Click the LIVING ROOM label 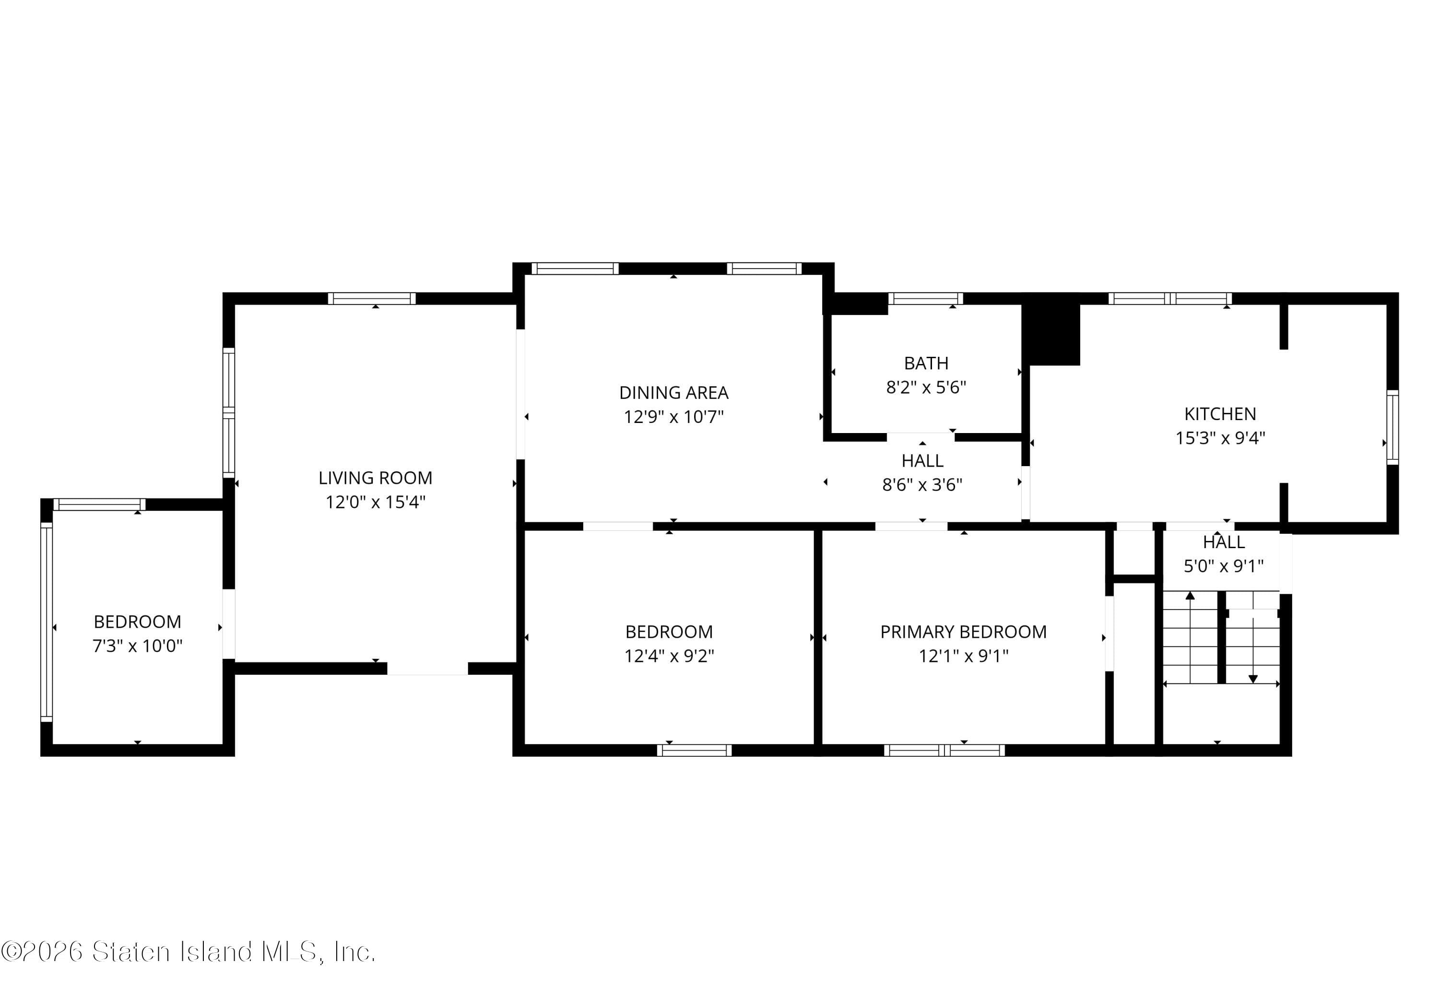[x=375, y=478]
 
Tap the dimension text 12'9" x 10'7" [x=673, y=417]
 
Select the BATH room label [x=925, y=363]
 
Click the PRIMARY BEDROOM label [x=963, y=632]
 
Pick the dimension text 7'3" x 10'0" [x=138, y=646]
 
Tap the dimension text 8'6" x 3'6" [x=921, y=485]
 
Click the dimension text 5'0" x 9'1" [x=1223, y=566]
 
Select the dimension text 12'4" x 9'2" [x=669, y=656]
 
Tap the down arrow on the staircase [x=1252, y=679]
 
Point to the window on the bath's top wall [x=925, y=299]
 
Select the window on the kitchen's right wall [x=1392, y=427]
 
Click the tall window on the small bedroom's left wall [x=46, y=622]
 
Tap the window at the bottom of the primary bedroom [x=944, y=750]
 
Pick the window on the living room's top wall [x=371, y=299]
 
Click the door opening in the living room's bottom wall [x=427, y=669]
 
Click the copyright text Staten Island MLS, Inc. [x=188, y=951]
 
